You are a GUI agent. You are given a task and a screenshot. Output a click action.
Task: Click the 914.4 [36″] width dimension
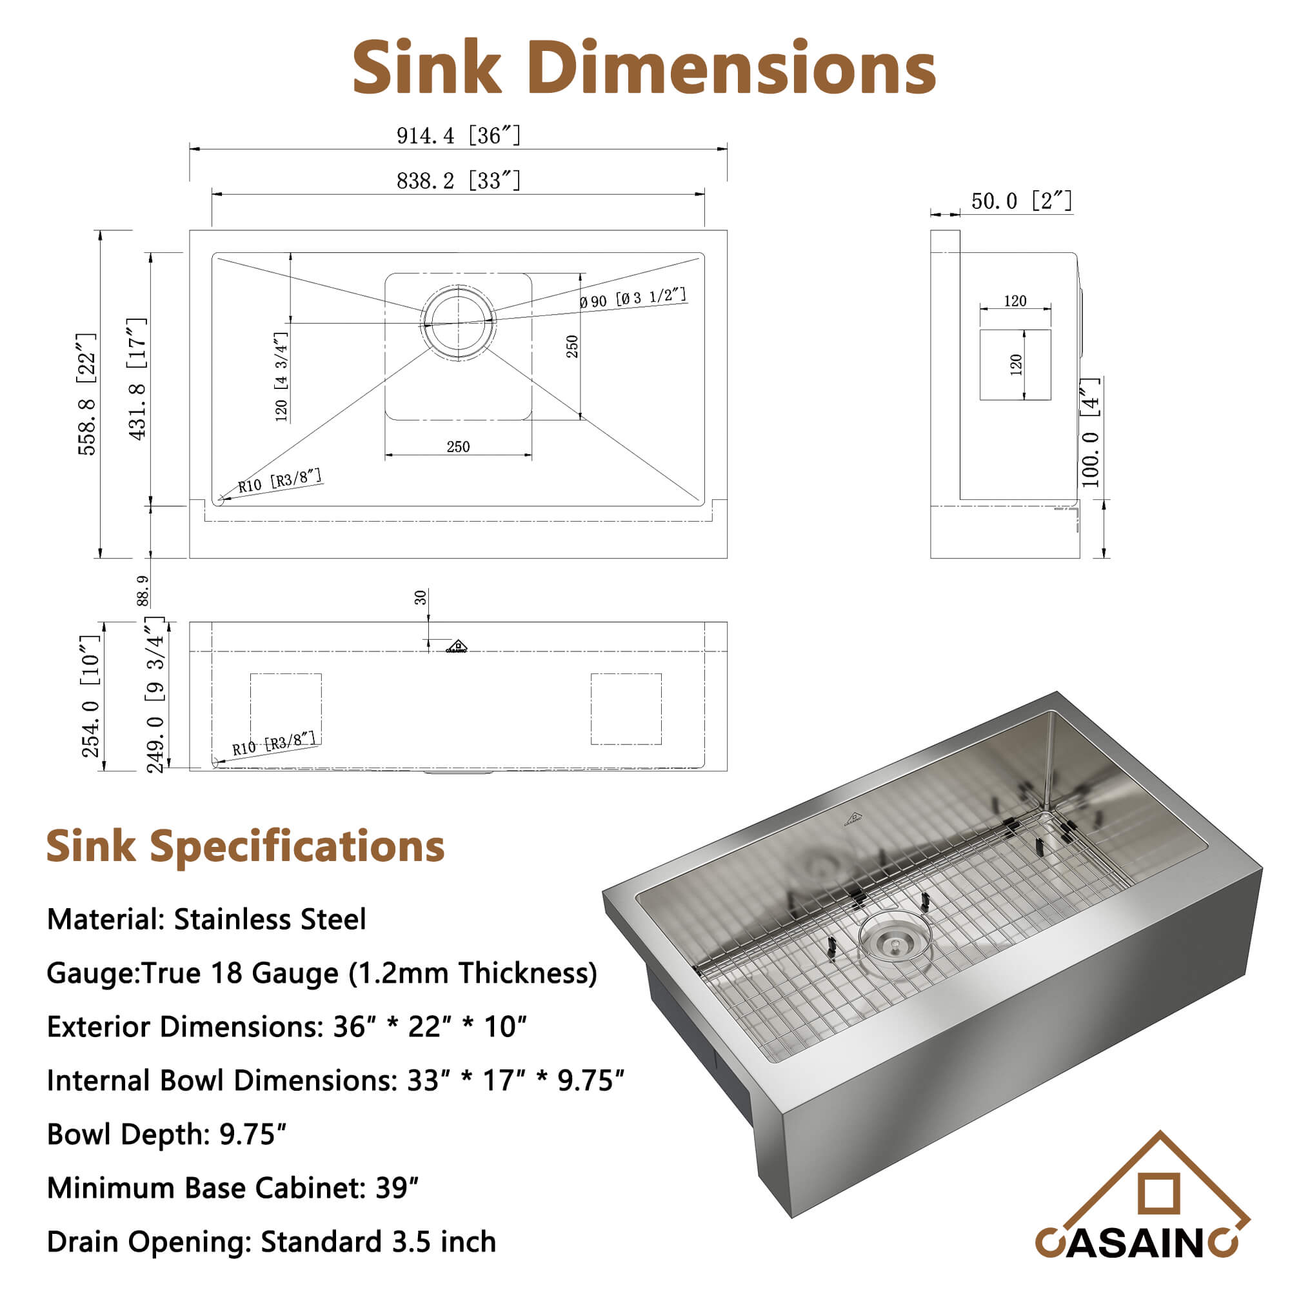(x=458, y=135)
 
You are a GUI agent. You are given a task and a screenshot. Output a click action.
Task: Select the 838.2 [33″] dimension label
(x=458, y=181)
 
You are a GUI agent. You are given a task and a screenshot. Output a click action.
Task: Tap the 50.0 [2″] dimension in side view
(x=1021, y=201)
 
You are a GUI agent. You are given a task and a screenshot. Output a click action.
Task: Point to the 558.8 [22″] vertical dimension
(x=88, y=394)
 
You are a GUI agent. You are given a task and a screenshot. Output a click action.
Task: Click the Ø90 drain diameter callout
(x=632, y=298)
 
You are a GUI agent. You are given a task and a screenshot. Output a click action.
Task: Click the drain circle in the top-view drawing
(x=458, y=322)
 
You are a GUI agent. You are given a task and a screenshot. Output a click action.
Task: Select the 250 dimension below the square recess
(x=458, y=447)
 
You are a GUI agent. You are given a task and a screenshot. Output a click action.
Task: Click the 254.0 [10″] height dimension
(x=91, y=696)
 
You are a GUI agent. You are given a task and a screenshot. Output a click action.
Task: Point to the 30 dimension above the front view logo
(x=421, y=597)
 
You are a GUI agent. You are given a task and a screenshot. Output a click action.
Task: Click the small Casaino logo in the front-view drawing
(x=457, y=646)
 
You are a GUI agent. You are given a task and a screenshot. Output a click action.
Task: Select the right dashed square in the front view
(x=626, y=708)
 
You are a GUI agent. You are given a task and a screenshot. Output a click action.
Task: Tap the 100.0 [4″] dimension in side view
(x=1089, y=432)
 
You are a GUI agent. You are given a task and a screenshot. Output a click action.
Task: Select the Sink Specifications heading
(x=245, y=846)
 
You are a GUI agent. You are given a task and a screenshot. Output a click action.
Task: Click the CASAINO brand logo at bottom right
(x=1142, y=1208)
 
